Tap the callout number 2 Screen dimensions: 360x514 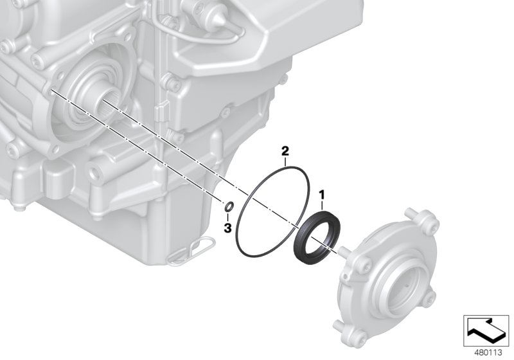click(285, 152)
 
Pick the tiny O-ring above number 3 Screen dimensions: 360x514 click(227, 206)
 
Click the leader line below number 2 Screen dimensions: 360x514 click(286, 161)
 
